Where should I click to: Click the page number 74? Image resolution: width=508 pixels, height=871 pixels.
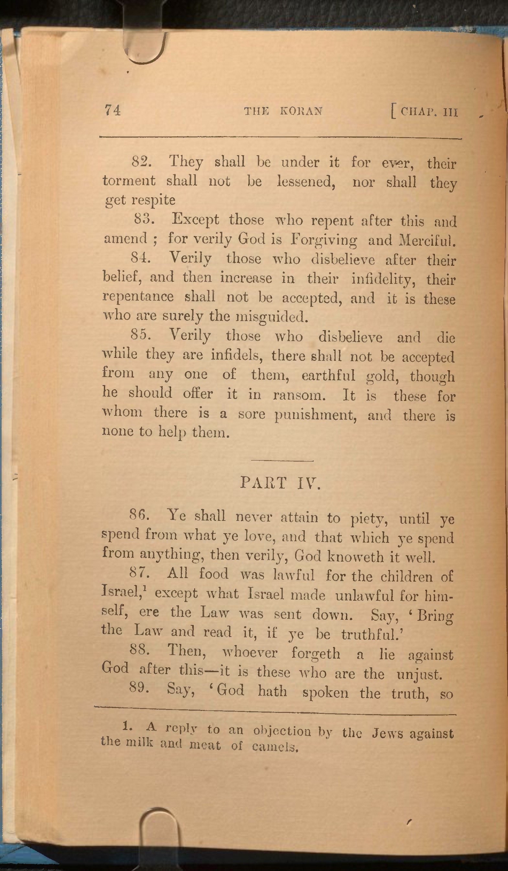pos(113,110)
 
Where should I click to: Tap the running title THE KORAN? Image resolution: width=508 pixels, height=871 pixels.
pos(283,111)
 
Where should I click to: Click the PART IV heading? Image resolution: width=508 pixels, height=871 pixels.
pos(281,483)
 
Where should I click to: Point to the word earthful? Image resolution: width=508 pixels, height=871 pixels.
pos(328,375)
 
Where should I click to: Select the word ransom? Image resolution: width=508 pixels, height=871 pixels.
pos(299,395)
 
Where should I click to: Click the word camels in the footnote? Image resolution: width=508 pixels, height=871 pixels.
pos(275,747)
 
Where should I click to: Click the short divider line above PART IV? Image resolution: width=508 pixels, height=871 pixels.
pos(282,461)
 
